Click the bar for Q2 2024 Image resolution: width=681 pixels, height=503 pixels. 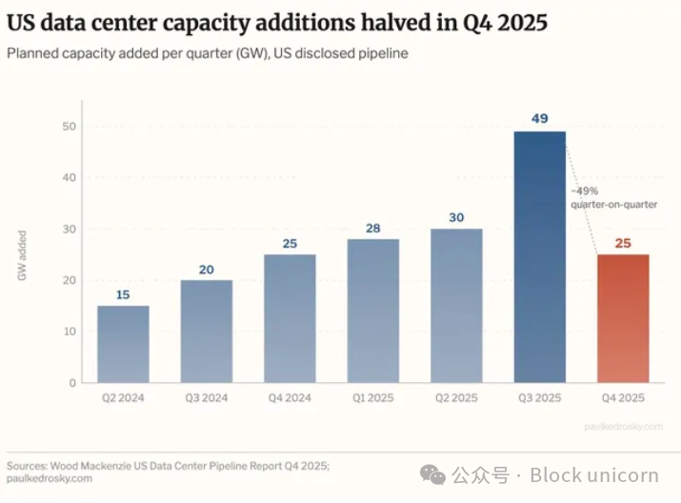[x=123, y=344]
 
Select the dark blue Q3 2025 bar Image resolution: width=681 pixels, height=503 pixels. [x=539, y=257]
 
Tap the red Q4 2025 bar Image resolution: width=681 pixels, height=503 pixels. [x=623, y=318]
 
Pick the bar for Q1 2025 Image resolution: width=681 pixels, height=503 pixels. [x=372, y=311]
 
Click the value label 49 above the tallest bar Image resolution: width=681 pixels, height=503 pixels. [x=539, y=119]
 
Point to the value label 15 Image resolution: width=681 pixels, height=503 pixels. [x=123, y=294]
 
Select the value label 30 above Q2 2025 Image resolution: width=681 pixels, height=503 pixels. [x=456, y=217]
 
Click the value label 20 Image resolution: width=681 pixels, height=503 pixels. [x=206, y=270]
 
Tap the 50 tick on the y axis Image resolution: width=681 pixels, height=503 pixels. [x=70, y=127]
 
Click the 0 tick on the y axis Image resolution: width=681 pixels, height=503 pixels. [x=72, y=383]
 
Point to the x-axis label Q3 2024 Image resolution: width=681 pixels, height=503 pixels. [x=206, y=398]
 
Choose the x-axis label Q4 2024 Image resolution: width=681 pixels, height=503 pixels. [x=290, y=398]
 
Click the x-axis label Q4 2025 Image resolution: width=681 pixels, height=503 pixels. [x=623, y=398]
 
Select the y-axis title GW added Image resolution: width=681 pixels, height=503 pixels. [x=22, y=255]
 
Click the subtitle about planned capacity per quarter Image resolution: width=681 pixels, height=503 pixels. [x=207, y=53]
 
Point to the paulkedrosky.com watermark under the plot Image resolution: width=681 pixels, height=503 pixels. [x=623, y=426]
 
